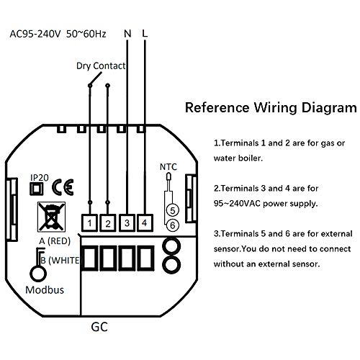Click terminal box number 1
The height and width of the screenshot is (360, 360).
[x=89, y=223]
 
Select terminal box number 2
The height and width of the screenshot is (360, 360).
[x=108, y=223]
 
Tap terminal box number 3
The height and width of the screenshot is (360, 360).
[x=127, y=223]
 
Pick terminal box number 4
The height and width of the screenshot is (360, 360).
[x=145, y=223]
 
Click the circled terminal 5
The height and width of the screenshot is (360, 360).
[x=173, y=210]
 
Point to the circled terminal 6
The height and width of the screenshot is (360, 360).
[x=173, y=225]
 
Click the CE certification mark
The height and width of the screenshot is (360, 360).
[x=63, y=187]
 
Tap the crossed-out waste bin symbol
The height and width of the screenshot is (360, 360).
[x=51, y=217]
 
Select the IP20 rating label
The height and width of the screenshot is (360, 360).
[x=40, y=178]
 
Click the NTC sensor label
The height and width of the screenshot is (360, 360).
[x=168, y=167]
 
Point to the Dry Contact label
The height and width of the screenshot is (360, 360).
[x=101, y=66]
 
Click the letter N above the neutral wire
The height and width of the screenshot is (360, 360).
[x=127, y=34]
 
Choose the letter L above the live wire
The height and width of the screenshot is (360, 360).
[x=145, y=34]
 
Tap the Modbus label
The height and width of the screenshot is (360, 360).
[x=45, y=290]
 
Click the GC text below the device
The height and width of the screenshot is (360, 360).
[x=99, y=327]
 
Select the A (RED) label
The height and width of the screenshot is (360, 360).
[x=55, y=241]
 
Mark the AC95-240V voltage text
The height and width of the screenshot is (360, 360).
[x=35, y=34]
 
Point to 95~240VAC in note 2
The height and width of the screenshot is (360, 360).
[x=237, y=204]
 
